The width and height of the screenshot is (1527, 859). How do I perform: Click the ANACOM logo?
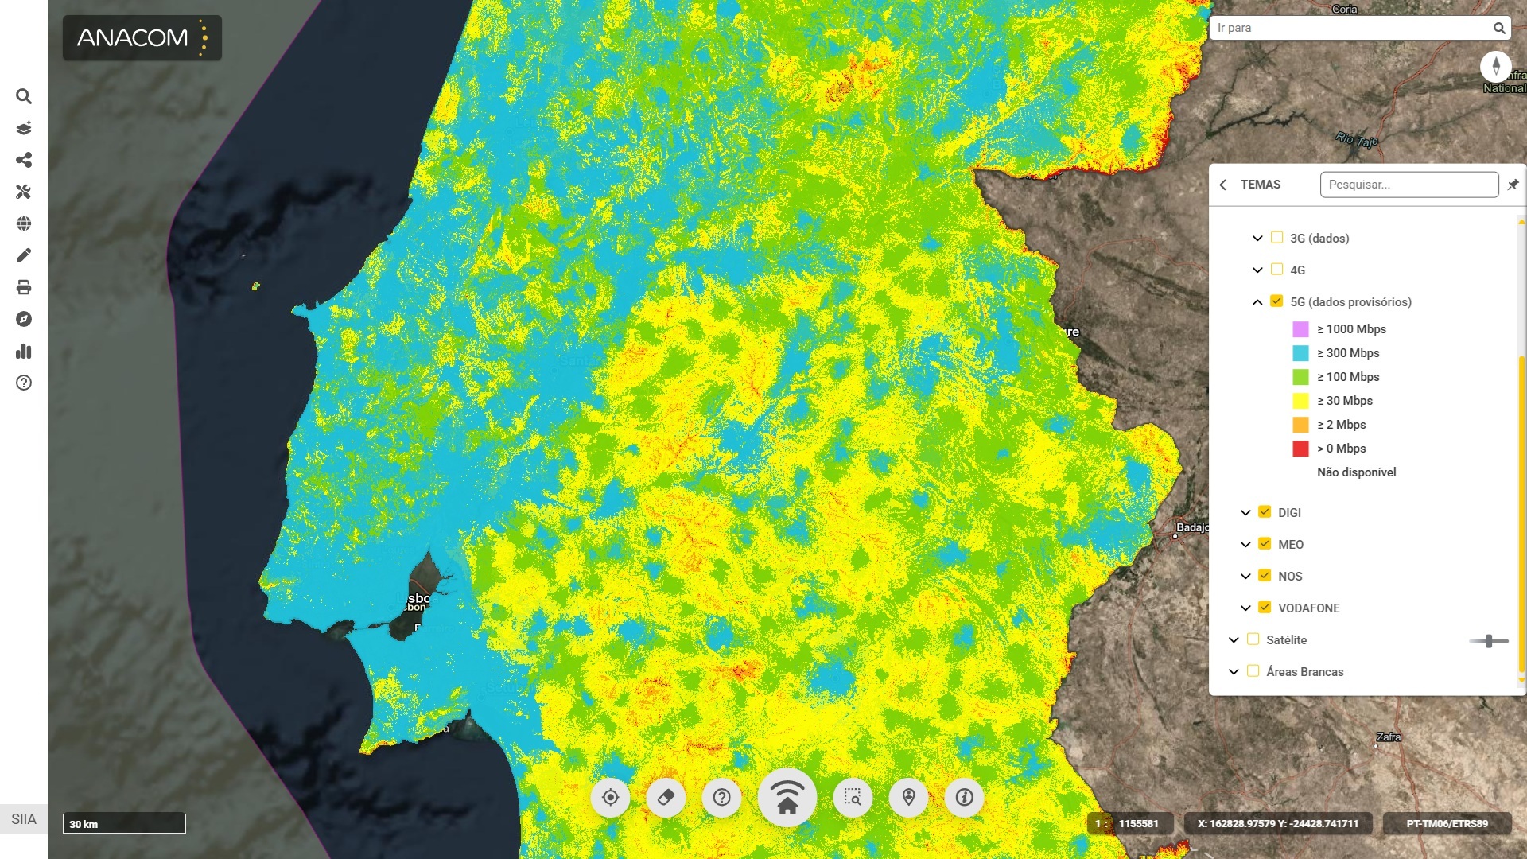tap(142, 37)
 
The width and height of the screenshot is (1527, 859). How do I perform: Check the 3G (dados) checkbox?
tap(1276, 238)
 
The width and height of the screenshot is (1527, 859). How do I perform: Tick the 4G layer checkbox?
tap(1276, 270)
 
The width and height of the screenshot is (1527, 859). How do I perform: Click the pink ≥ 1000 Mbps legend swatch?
tap(1300, 329)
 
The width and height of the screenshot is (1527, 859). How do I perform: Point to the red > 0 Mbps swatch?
tap(1300, 449)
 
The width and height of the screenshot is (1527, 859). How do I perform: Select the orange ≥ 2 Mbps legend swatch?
tap(1300, 425)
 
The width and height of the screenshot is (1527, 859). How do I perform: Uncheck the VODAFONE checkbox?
tap(1265, 608)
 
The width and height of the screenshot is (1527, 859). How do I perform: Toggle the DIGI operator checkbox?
tap(1265, 512)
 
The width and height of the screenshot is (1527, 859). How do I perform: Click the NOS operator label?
tap(1290, 577)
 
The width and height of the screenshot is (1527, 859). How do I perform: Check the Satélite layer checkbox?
tap(1253, 639)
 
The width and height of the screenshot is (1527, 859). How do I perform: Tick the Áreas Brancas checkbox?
tap(1253, 671)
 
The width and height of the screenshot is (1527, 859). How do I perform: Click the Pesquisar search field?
tap(1408, 185)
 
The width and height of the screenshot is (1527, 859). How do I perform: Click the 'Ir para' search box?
tap(1352, 28)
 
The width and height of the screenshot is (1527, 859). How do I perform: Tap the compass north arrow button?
tap(1495, 66)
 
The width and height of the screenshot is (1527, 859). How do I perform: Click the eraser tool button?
tap(666, 797)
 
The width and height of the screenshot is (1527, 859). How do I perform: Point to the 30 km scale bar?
tap(124, 823)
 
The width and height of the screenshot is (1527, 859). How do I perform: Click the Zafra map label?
tap(1389, 737)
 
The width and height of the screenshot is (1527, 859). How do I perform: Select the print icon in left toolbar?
tap(24, 287)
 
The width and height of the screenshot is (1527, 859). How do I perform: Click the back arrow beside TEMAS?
tap(1223, 185)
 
